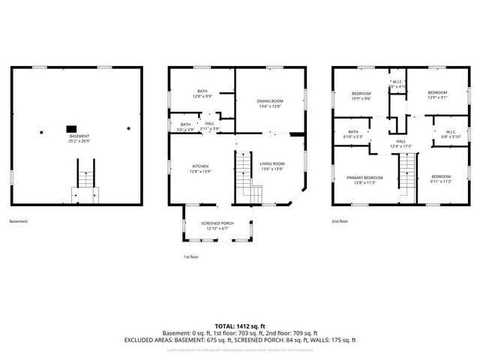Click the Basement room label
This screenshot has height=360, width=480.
[x=79, y=138]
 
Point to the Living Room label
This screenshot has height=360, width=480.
[x=271, y=166]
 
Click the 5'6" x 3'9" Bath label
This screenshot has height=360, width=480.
[x=185, y=126]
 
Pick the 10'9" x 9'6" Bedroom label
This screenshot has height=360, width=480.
[x=361, y=95]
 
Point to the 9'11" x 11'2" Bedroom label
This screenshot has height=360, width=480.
[x=440, y=178]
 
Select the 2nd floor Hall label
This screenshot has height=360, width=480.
[x=401, y=143]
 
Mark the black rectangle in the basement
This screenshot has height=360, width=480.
[x=72, y=128]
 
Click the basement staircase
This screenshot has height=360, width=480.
[x=85, y=180]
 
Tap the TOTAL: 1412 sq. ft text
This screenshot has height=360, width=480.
[x=240, y=325]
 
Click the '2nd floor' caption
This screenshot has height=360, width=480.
[x=340, y=222]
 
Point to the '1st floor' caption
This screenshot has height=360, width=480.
[x=192, y=257]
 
